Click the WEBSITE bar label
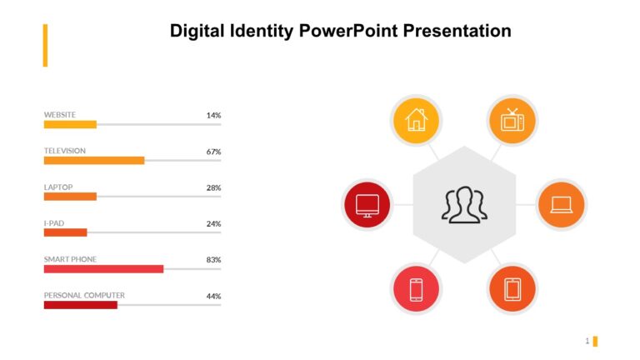tap(60, 114)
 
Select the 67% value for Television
tap(213, 152)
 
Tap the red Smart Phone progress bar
tap(103, 269)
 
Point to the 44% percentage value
tap(213, 296)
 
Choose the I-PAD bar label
tap(54, 223)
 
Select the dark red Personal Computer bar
tap(80, 305)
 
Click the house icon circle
tap(415, 120)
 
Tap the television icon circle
tap(512, 120)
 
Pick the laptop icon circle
tap(561, 204)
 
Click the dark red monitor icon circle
tap(367, 204)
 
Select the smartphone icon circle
tap(416, 289)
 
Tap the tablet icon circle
tap(512, 289)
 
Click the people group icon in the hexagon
tap(464, 205)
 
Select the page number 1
tap(587, 341)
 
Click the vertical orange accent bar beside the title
tap(45, 45)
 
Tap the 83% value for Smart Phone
tap(213, 260)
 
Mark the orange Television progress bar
tap(94, 160)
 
